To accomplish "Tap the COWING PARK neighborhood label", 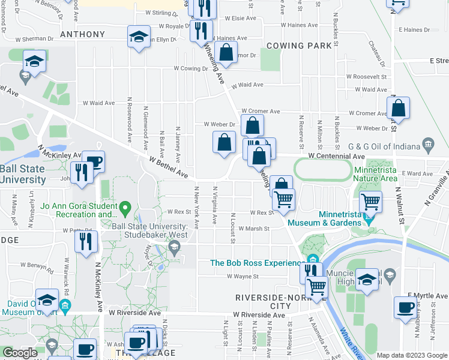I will (x=299, y=46).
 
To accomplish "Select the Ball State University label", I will (x=23, y=174).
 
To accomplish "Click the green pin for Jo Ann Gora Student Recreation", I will (x=125, y=208).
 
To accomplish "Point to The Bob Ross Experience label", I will (x=256, y=263).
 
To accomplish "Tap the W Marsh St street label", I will (x=252, y=229).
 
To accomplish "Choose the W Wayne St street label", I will (x=242, y=277).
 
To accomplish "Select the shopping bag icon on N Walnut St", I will (x=398, y=109).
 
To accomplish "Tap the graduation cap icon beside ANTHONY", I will (x=139, y=38).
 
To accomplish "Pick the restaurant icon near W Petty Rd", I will (x=86, y=241).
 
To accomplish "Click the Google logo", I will (x=20, y=353).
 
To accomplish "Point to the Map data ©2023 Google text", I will (x=412, y=355).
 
